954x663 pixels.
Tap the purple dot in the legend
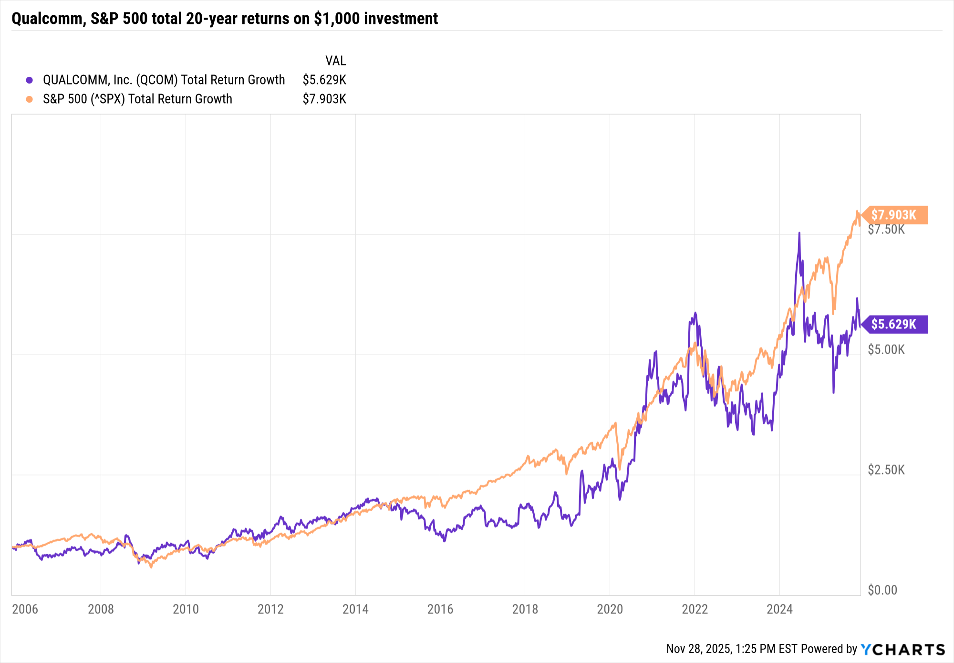tap(30, 80)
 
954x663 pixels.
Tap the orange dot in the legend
tap(30, 99)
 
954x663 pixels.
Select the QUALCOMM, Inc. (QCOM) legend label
tap(164, 80)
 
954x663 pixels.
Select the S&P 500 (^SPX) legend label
tap(137, 99)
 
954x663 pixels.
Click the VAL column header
tap(335, 61)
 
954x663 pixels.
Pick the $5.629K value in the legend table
tap(324, 80)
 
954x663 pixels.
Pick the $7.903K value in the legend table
tap(324, 99)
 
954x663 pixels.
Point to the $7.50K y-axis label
tap(886, 230)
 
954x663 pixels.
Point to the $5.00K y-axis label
tap(886, 350)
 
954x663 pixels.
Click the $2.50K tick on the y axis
tap(886, 470)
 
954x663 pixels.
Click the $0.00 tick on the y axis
tap(882, 590)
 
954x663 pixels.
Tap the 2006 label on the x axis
tap(25, 609)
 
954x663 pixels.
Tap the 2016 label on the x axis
tap(440, 609)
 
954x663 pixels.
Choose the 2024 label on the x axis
tap(779, 609)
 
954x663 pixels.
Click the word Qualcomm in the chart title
tap(47, 19)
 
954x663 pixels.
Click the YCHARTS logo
tap(902, 649)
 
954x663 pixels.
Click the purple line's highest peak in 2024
tap(799, 233)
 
